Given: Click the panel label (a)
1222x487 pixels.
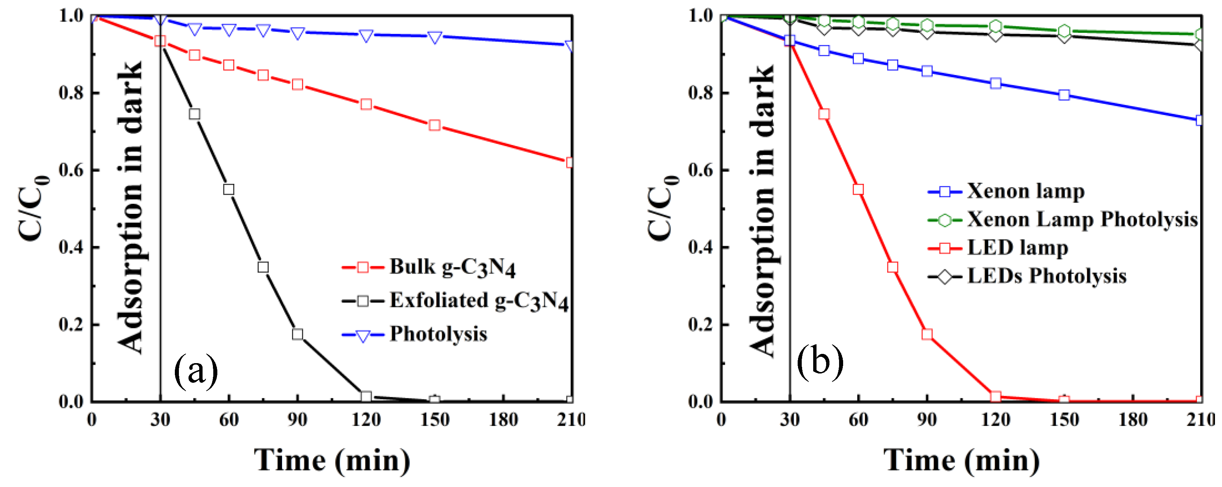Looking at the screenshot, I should [196, 371].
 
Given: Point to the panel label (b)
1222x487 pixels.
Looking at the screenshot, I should [820, 362].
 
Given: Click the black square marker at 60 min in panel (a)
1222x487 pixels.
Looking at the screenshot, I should [229, 189].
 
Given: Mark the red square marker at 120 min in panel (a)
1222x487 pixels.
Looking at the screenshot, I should [366, 104].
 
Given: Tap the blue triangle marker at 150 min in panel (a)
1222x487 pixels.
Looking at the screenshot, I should [435, 37].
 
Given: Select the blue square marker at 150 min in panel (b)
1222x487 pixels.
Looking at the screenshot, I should [1064, 95].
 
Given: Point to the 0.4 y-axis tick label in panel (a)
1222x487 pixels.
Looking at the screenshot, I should [72, 247].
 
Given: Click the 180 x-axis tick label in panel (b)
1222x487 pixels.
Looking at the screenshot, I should [1133, 420].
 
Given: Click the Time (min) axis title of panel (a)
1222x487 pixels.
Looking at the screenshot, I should [332, 460].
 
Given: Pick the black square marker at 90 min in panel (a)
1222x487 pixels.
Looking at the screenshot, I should [298, 334].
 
